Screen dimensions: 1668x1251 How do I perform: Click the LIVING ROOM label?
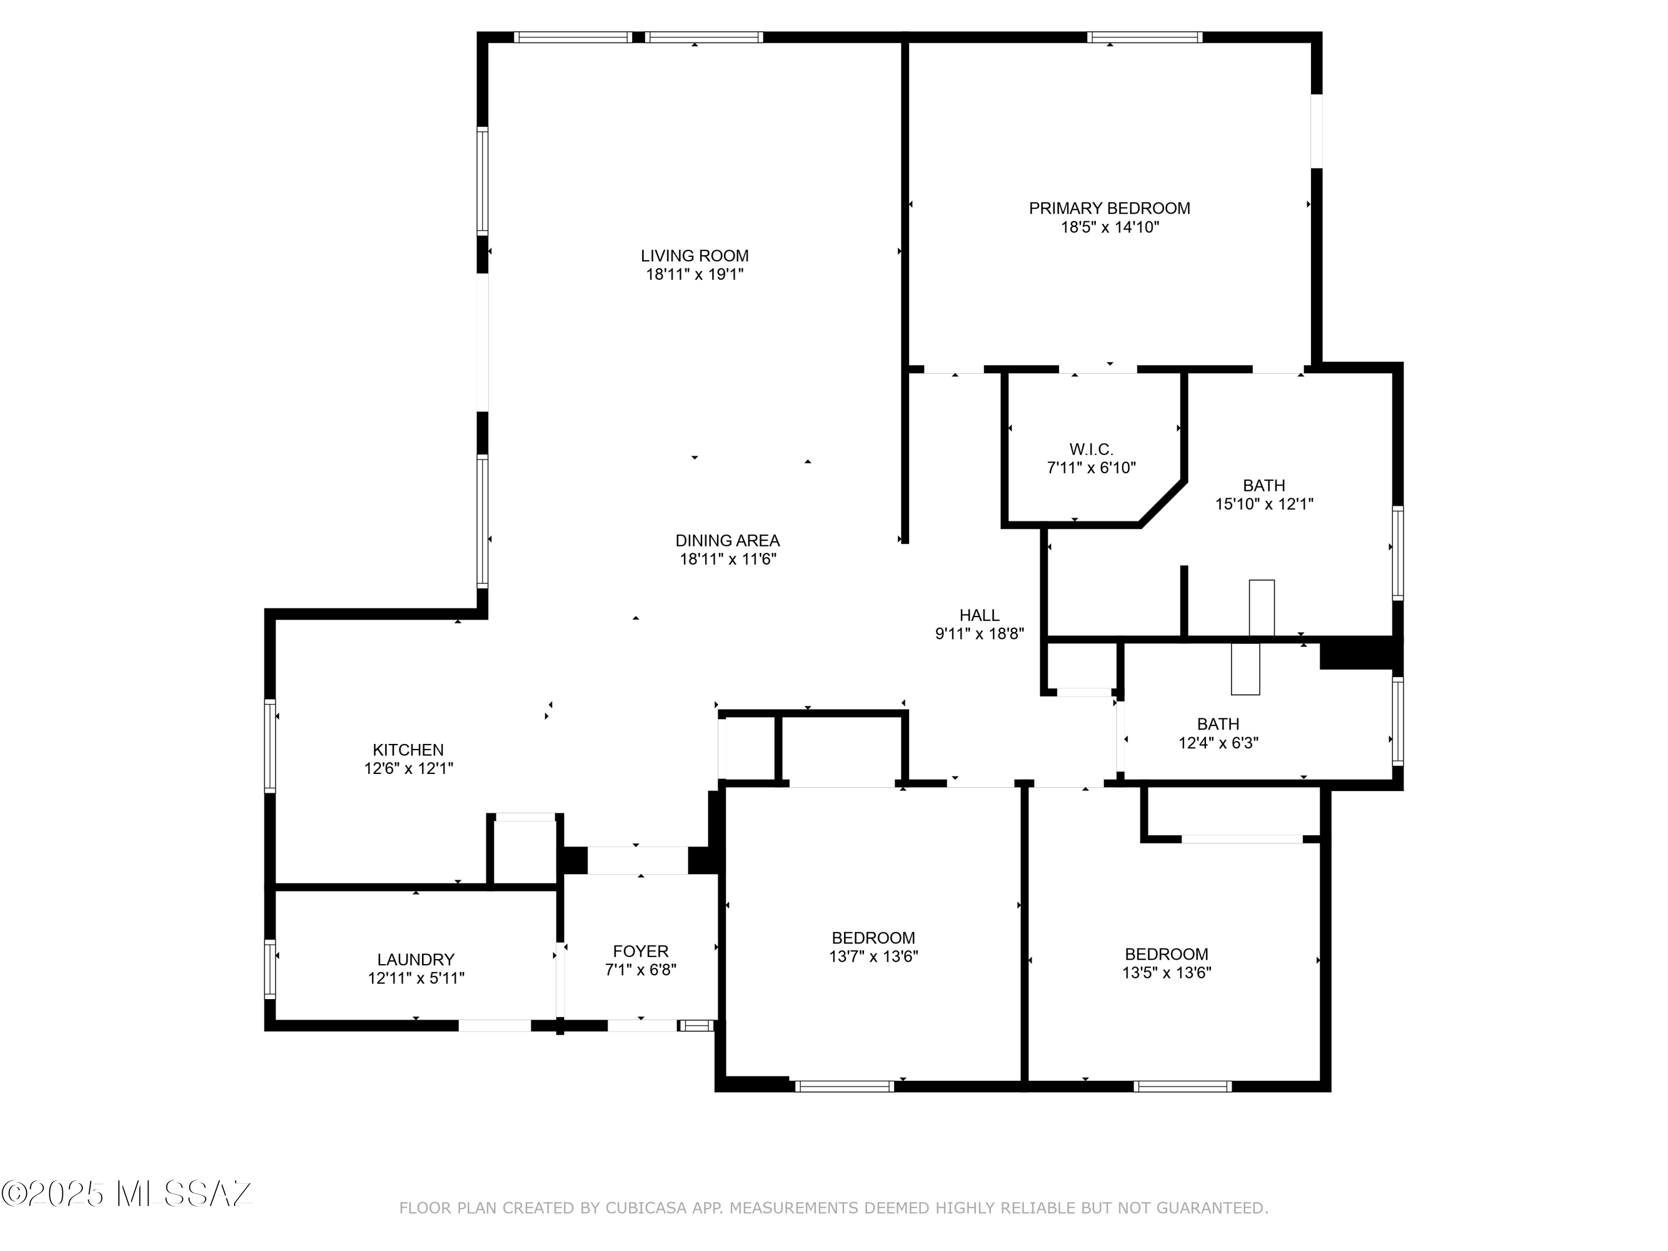pyautogui.click(x=694, y=256)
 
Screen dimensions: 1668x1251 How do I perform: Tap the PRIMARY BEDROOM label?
pyautogui.click(x=1109, y=208)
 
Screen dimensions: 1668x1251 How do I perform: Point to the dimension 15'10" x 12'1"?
pyautogui.click(x=1264, y=504)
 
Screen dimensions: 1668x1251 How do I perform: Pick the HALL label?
pyautogui.click(x=980, y=615)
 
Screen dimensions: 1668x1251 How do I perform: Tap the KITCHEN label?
pyautogui.click(x=408, y=749)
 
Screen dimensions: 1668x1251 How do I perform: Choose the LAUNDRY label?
pyautogui.click(x=415, y=959)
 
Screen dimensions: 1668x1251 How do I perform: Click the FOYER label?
pyautogui.click(x=640, y=951)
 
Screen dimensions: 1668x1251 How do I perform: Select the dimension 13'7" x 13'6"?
pyautogui.click(x=873, y=956)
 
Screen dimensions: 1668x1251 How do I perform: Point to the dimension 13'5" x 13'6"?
pyautogui.click(x=1166, y=973)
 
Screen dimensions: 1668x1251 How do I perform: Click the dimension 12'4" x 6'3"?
pyautogui.click(x=1219, y=743)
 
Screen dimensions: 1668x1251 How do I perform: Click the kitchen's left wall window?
pyautogui.click(x=270, y=746)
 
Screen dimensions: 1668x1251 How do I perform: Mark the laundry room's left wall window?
pyautogui.click(x=270, y=969)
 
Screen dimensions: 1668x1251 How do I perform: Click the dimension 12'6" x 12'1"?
pyautogui.click(x=408, y=768)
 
